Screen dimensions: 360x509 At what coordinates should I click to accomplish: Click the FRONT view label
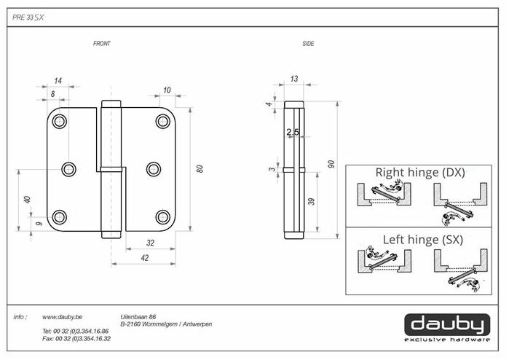pos(101,44)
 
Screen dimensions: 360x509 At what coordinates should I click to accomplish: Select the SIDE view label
pos(308,44)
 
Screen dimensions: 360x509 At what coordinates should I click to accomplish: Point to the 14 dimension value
pos(58,81)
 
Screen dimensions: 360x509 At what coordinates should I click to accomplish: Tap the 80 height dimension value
pos(199,170)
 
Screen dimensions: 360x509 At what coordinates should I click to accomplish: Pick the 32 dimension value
pos(150,243)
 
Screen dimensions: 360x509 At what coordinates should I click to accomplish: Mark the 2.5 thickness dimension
pos(292,132)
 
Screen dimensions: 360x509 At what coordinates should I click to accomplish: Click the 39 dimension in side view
pos(312,202)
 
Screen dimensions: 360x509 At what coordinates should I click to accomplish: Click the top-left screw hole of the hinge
pos(60,122)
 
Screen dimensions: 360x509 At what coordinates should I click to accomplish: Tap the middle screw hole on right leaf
pos(153,169)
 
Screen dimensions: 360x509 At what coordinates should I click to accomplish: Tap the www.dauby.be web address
pos(63,318)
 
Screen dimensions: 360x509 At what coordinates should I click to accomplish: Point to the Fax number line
pos(76,339)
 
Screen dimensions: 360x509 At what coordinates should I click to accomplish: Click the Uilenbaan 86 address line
pos(138,317)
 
